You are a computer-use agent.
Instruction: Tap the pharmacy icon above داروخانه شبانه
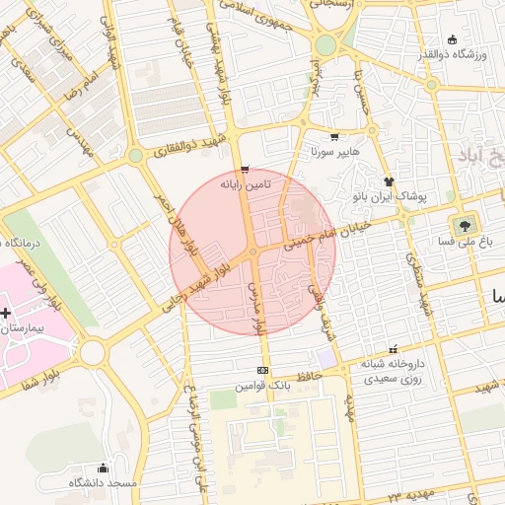394,348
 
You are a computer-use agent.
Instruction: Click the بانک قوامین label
262,385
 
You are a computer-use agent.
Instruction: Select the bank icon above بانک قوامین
262,371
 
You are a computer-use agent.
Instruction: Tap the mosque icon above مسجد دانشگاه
103,469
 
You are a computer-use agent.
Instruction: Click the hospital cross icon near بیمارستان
7,313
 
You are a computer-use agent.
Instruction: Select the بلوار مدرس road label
260,314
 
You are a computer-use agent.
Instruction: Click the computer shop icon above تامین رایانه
245,170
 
